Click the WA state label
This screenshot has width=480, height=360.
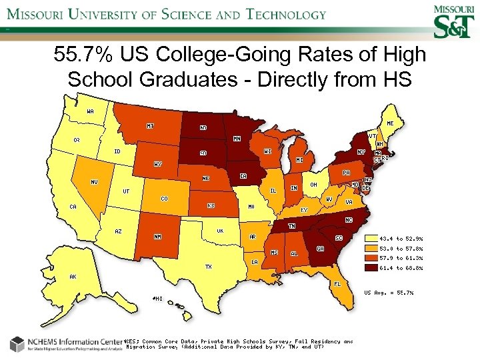tap(90, 111)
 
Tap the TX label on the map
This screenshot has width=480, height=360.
tap(208, 266)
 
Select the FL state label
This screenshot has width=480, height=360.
tap(338, 283)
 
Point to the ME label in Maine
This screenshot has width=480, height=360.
tap(389, 123)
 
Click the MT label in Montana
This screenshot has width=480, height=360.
tap(151, 125)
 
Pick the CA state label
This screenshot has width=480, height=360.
tap(73, 207)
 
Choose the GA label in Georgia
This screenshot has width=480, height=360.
tap(320, 249)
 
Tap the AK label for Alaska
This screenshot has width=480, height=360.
tap(73, 276)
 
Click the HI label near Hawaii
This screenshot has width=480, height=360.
tap(157, 299)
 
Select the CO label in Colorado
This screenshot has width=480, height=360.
tap(164, 199)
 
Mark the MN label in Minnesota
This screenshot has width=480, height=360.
tap(237, 139)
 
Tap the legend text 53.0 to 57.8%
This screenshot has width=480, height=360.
tap(401, 248)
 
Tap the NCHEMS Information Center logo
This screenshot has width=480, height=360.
tap(63, 344)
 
